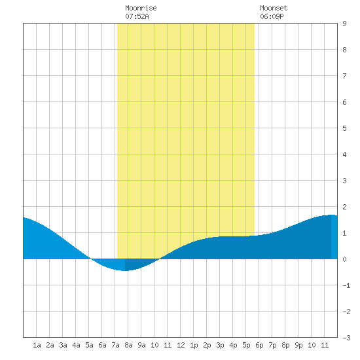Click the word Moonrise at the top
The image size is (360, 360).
[x=141, y=8]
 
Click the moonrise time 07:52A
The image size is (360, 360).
[x=137, y=16]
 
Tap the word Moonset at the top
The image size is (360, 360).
[x=274, y=8]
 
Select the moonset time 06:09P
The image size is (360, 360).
[x=272, y=16]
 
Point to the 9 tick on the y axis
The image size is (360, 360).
[x=344, y=24]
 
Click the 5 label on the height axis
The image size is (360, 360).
[x=344, y=128]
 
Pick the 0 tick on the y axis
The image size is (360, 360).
[x=344, y=259]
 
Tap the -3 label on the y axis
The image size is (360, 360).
[x=346, y=338]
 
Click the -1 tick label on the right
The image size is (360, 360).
[x=346, y=285]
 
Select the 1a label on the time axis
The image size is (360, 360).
[x=37, y=345]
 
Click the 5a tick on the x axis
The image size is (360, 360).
[x=89, y=345]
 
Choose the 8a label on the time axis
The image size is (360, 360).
[x=128, y=345]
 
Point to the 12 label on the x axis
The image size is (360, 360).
[x=181, y=345]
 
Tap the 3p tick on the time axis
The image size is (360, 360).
[x=220, y=345]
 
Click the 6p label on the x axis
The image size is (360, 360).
[x=259, y=345]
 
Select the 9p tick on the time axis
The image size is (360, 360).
[x=298, y=345]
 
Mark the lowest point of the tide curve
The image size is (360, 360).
[x=124, y=271]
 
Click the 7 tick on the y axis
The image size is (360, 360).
[x=344, y=76]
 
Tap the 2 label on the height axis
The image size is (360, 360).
[x=344, y=207]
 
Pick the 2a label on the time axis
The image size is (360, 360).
[x=50, y=345]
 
